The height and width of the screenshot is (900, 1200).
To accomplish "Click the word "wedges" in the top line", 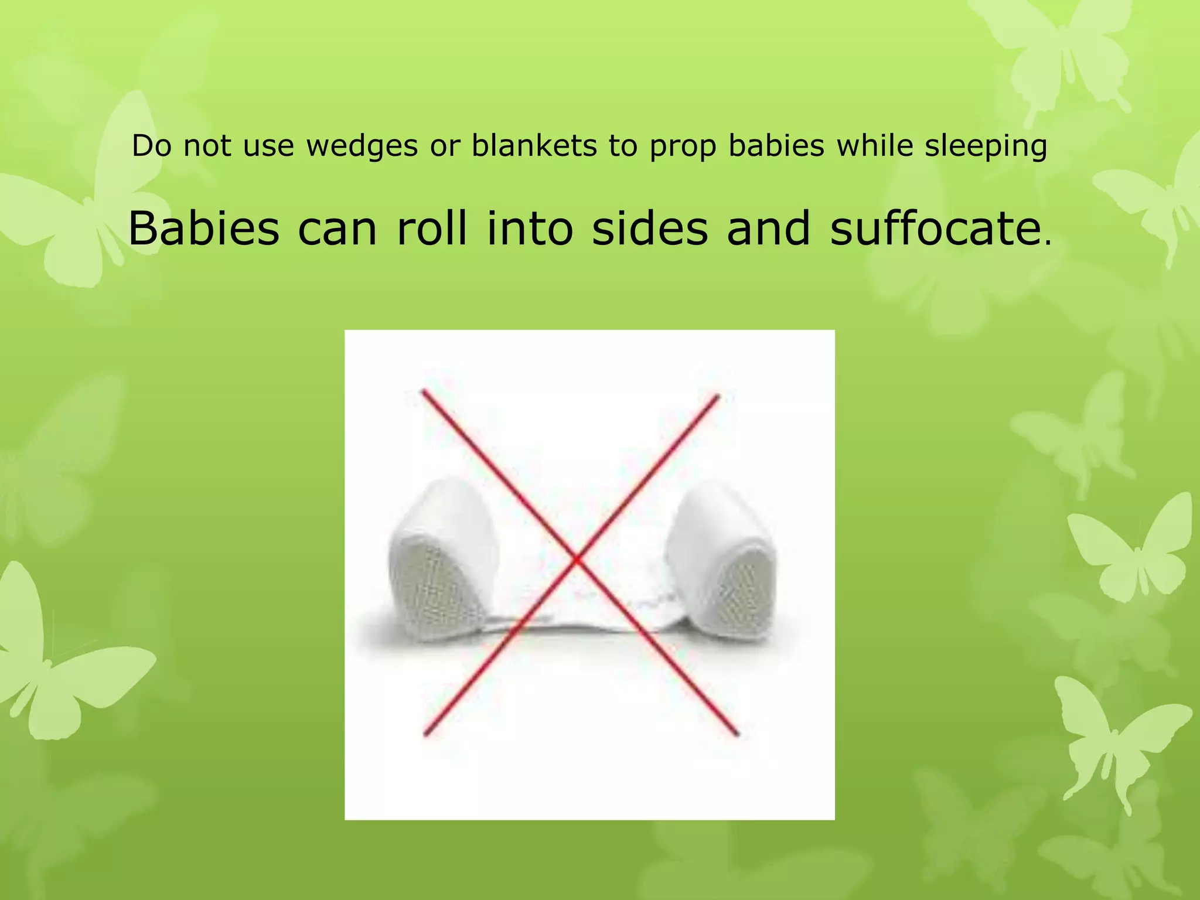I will pos(362,146).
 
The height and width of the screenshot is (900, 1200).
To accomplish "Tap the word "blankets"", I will pos(533,146).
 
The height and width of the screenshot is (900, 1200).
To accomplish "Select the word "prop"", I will pos(683,147).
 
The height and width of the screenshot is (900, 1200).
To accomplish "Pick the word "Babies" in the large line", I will pos(203,228).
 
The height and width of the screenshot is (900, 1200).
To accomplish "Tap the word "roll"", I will pos(432,228).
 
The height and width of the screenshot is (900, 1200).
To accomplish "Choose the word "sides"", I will pos(650,228).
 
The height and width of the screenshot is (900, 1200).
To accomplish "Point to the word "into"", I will pos(530,228).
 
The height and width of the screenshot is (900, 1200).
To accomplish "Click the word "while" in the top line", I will pos(875,146).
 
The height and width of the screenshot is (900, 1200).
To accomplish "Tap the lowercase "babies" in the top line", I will pos(776,146).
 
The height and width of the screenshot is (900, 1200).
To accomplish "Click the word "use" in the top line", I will pos(268,146).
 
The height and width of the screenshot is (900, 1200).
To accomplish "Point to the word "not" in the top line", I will pos(207,146).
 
